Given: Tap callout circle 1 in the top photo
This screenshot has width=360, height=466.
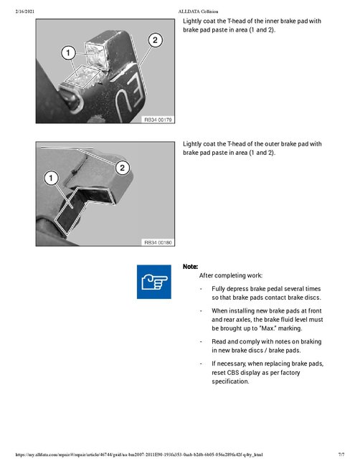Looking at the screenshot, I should [67, 52].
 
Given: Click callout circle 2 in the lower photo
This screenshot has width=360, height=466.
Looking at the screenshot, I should [123, 168].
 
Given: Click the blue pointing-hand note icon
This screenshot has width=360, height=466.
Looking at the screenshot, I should [153, 282].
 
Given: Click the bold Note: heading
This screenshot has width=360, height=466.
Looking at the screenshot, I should [190, 266].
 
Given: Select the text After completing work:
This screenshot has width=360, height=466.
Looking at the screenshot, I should [230, 275].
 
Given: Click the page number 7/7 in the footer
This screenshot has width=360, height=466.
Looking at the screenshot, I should [341, 455].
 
